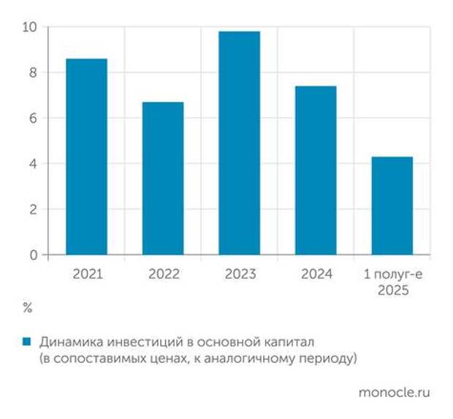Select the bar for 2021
[86, 156]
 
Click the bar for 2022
[163, 178]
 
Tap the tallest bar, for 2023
[239, 143]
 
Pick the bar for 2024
[316, 170]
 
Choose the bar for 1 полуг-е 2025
[392, 205]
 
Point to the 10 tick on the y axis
[30, 27]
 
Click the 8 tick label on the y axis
[33, 72]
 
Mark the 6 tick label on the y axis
[33, 118]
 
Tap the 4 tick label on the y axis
[33, 164]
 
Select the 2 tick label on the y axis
[33, 210]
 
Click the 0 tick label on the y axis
[33, 255]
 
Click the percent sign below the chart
[28, 308]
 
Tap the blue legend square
[27, 341]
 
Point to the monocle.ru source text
[395, 393]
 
